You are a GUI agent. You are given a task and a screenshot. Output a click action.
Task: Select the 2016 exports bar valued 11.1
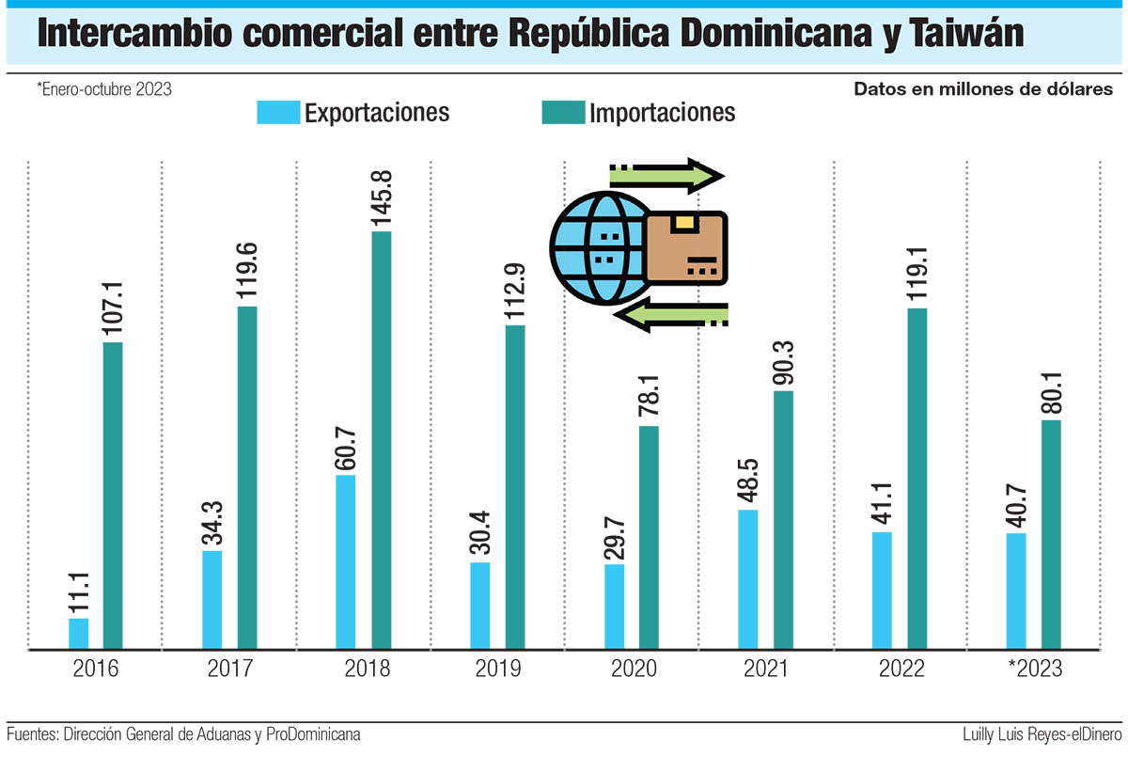pyautogui.click(x=79, y=633)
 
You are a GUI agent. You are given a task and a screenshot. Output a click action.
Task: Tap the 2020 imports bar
pyautogui.click(x=649, y=537)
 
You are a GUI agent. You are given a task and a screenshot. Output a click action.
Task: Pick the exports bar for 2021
pyautogui.click(x=748, y=579)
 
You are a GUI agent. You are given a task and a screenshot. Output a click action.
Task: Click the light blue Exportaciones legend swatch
pyautogui.click(x=277, y=113)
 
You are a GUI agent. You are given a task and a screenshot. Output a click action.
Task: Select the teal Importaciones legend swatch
pyautogui.click(x=563, y=113)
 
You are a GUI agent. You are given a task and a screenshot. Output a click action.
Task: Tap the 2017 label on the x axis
pyautogui.click(x=230, y=670)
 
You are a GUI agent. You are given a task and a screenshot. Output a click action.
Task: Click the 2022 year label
pyautogui.click(x=899, y=670)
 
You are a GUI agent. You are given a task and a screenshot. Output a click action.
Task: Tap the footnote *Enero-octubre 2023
pyautogui.click(x=103, y=89)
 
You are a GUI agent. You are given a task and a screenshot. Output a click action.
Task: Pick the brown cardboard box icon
pyautogui.click(x=687, y=247)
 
